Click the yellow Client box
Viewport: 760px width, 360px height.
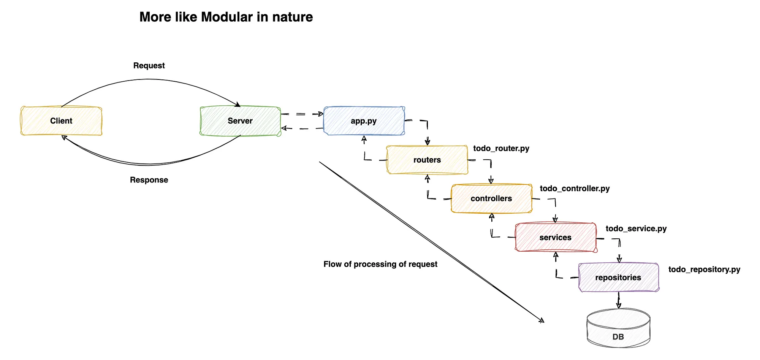point(61,121)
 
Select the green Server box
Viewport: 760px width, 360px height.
point(240,121)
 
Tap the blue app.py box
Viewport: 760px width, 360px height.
point(364,121)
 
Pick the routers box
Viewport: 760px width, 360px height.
point(427,160)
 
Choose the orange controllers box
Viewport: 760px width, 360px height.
point(491,198)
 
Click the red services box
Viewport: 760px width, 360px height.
point(555,238)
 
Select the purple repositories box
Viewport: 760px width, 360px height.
point(618,278)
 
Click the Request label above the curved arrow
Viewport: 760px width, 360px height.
point(149,66)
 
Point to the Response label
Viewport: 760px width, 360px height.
point(149,180)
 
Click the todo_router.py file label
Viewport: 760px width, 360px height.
point(501,149)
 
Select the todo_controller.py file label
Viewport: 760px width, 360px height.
point(575,189)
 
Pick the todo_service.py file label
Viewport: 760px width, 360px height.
point(636,228)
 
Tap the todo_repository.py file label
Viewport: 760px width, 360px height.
point(704,270)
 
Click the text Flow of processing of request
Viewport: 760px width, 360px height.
point(380,264)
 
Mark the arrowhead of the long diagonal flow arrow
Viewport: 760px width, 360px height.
point(542,321)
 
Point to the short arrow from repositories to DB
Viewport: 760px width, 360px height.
point(619,300)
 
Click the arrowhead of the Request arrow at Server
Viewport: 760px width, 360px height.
point(238,105)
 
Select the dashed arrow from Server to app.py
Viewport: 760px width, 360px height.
point(302,114)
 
